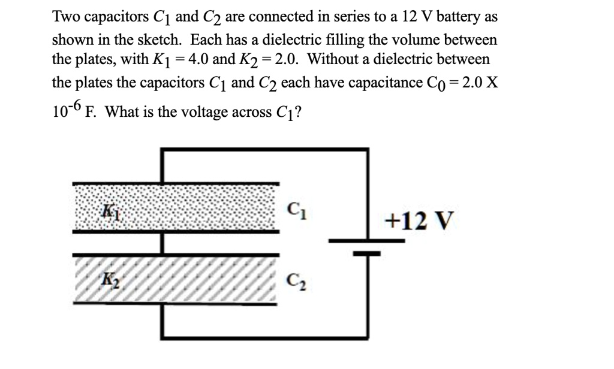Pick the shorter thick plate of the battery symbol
pyautogui.click(x=366, y=253)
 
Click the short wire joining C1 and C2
pyautogui.click(x=162, y=242)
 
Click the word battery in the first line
pyautogui.click(x=459, y=18)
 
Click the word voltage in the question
pyautogui.click(x=214, y=112)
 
